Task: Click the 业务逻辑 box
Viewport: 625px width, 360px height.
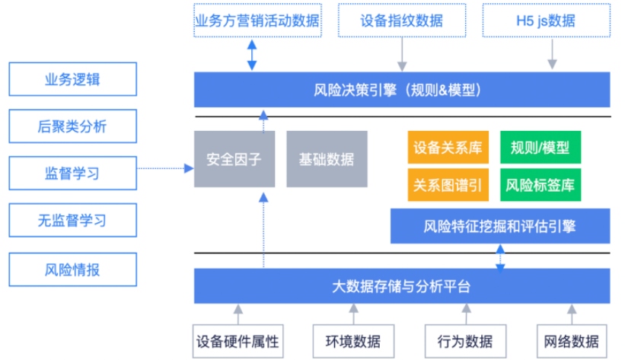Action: (72, 79)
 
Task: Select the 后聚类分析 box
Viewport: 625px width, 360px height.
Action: (72, 126)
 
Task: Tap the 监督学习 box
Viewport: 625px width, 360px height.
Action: (72, 173)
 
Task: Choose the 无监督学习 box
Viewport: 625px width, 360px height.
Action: (72, 220)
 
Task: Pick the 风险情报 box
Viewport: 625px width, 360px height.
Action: (72, 269)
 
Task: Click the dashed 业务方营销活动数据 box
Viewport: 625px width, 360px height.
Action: (257, 21)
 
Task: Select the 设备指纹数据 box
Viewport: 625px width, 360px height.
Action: (402, 21)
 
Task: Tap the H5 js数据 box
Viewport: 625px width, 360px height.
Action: (546, 21)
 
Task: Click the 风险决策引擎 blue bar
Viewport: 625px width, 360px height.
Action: (402, 90)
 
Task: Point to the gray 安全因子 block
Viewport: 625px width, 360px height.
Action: (234, 159)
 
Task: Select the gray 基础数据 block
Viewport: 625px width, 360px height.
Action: (327, 159)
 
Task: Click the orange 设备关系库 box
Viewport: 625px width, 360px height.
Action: (448, 147)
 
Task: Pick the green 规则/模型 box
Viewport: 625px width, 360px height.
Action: (540, 147)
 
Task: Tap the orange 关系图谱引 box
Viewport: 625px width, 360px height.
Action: (448, 185)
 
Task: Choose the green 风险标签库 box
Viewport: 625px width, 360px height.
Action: (540, 185)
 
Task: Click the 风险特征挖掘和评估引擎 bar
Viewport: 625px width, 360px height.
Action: (500, 226)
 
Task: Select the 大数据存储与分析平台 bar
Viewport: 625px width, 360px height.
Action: (402, 286)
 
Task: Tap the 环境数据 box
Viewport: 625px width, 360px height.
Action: (353, 341)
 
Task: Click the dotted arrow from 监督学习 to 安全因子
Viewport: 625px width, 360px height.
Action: (165, 168)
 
